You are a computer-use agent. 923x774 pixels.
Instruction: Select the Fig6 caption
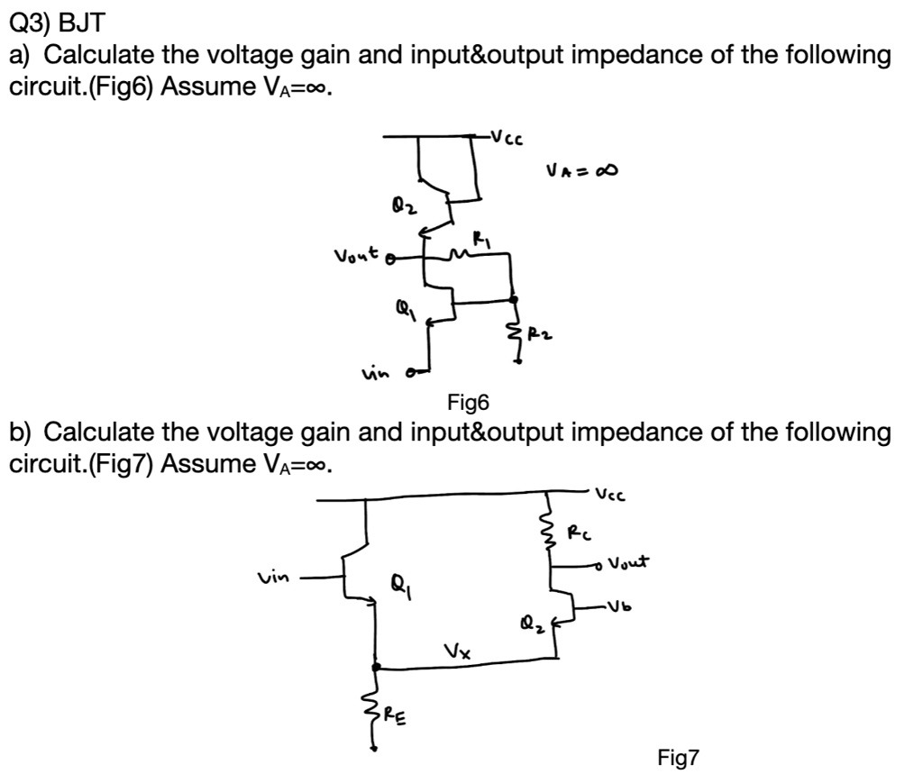(x=467, y=402)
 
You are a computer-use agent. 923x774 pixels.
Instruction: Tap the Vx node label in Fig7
(x=459, y=651)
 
